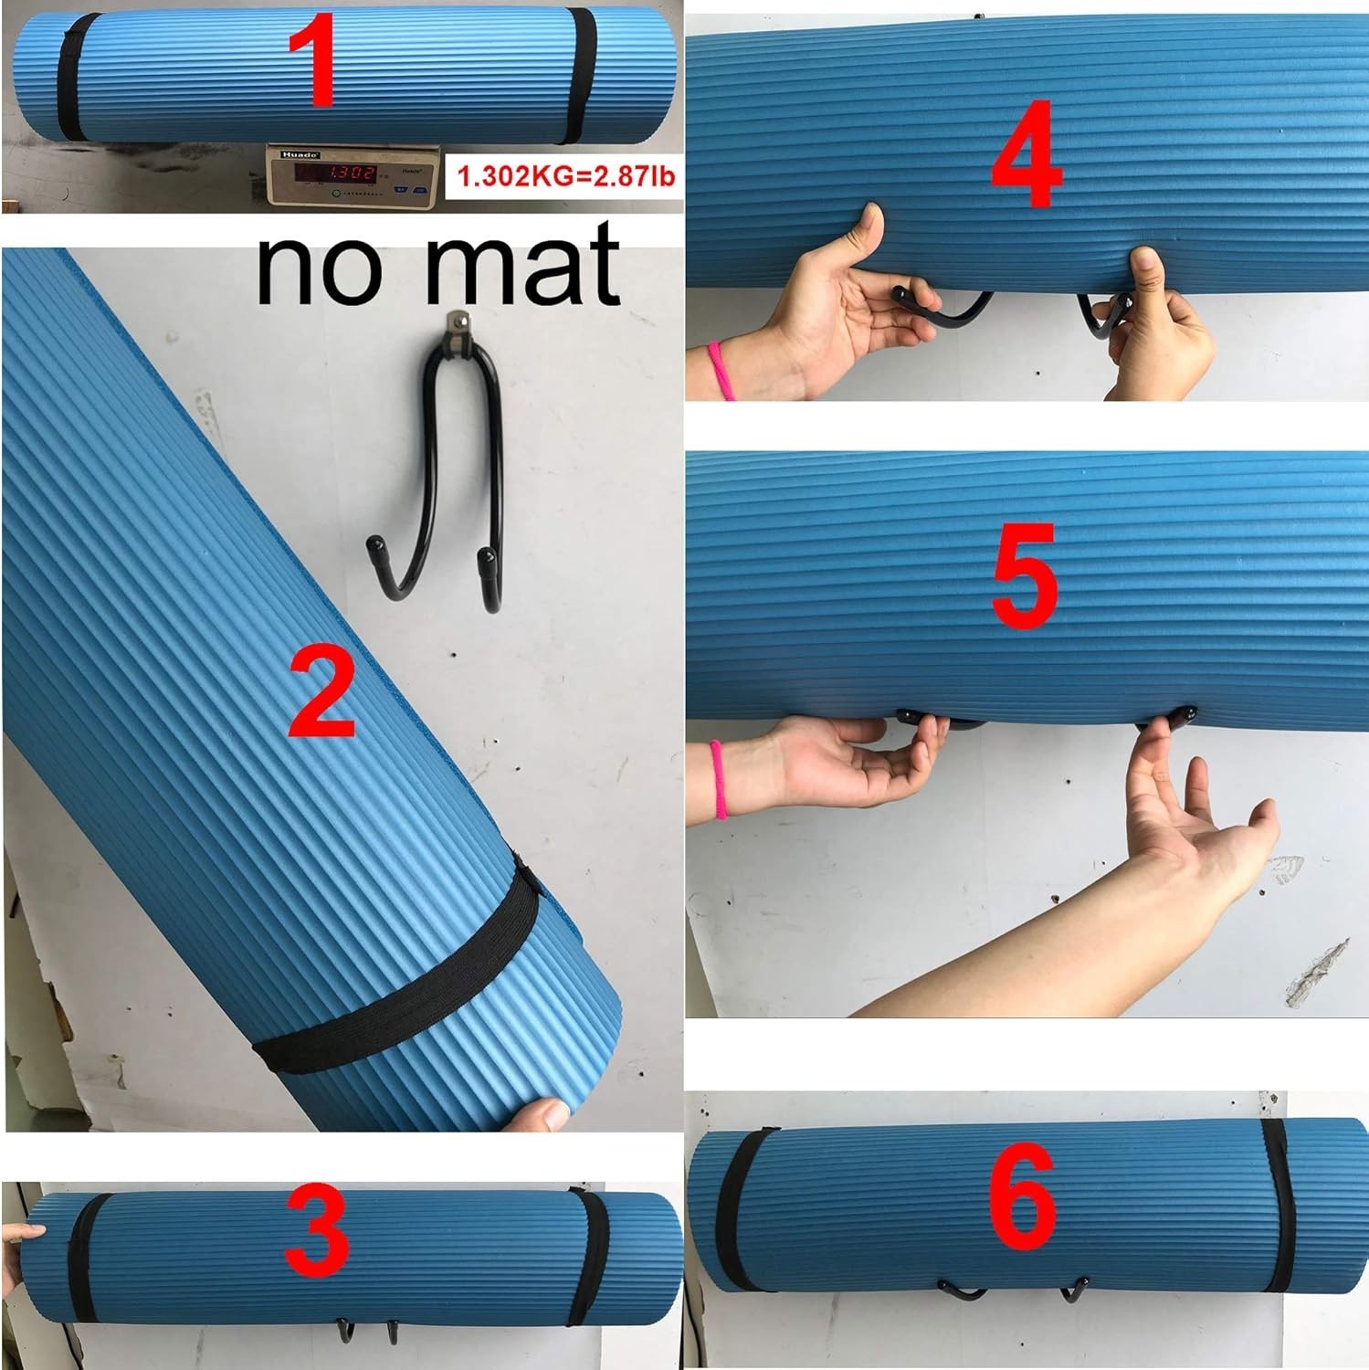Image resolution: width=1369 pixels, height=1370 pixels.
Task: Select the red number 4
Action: (1027, 154)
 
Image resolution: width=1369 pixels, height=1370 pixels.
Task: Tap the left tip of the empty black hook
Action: (376, 545)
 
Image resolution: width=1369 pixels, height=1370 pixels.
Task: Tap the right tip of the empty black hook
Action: (486, 553)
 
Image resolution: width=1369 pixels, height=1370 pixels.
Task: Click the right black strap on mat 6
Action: (1277, 1196)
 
